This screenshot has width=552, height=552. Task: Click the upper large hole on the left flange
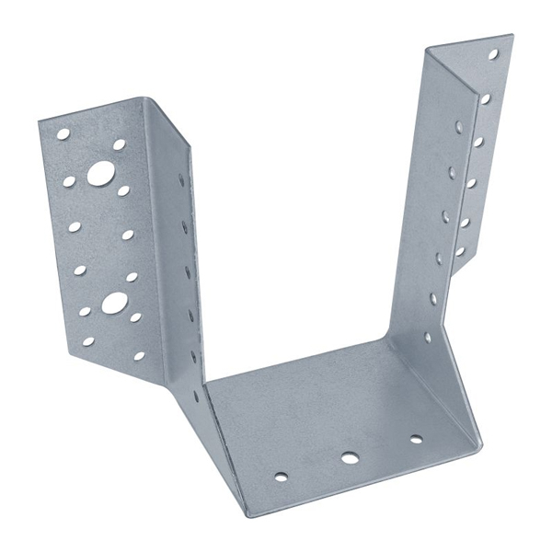point(101,172)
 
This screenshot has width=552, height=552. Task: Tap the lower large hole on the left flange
point(113,302)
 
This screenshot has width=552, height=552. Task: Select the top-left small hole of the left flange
point(63,134)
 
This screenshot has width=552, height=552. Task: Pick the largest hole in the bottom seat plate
point(349,456)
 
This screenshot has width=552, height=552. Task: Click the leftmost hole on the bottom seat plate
point(281,477)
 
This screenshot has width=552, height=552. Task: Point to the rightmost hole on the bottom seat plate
point(416,439)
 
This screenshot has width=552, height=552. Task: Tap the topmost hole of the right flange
point(492,54)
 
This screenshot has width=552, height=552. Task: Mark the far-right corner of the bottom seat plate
point(482,448)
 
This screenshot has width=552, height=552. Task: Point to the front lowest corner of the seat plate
point(246,515)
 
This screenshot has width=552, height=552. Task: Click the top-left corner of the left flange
point(39,119)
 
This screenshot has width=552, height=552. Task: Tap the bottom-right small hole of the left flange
point(139,355)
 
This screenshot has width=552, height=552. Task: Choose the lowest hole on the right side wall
point(427,338)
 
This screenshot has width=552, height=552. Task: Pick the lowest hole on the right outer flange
point(460,250)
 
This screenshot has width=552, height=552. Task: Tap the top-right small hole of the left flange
point(119,144)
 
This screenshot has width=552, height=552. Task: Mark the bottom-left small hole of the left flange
point(88,341)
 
